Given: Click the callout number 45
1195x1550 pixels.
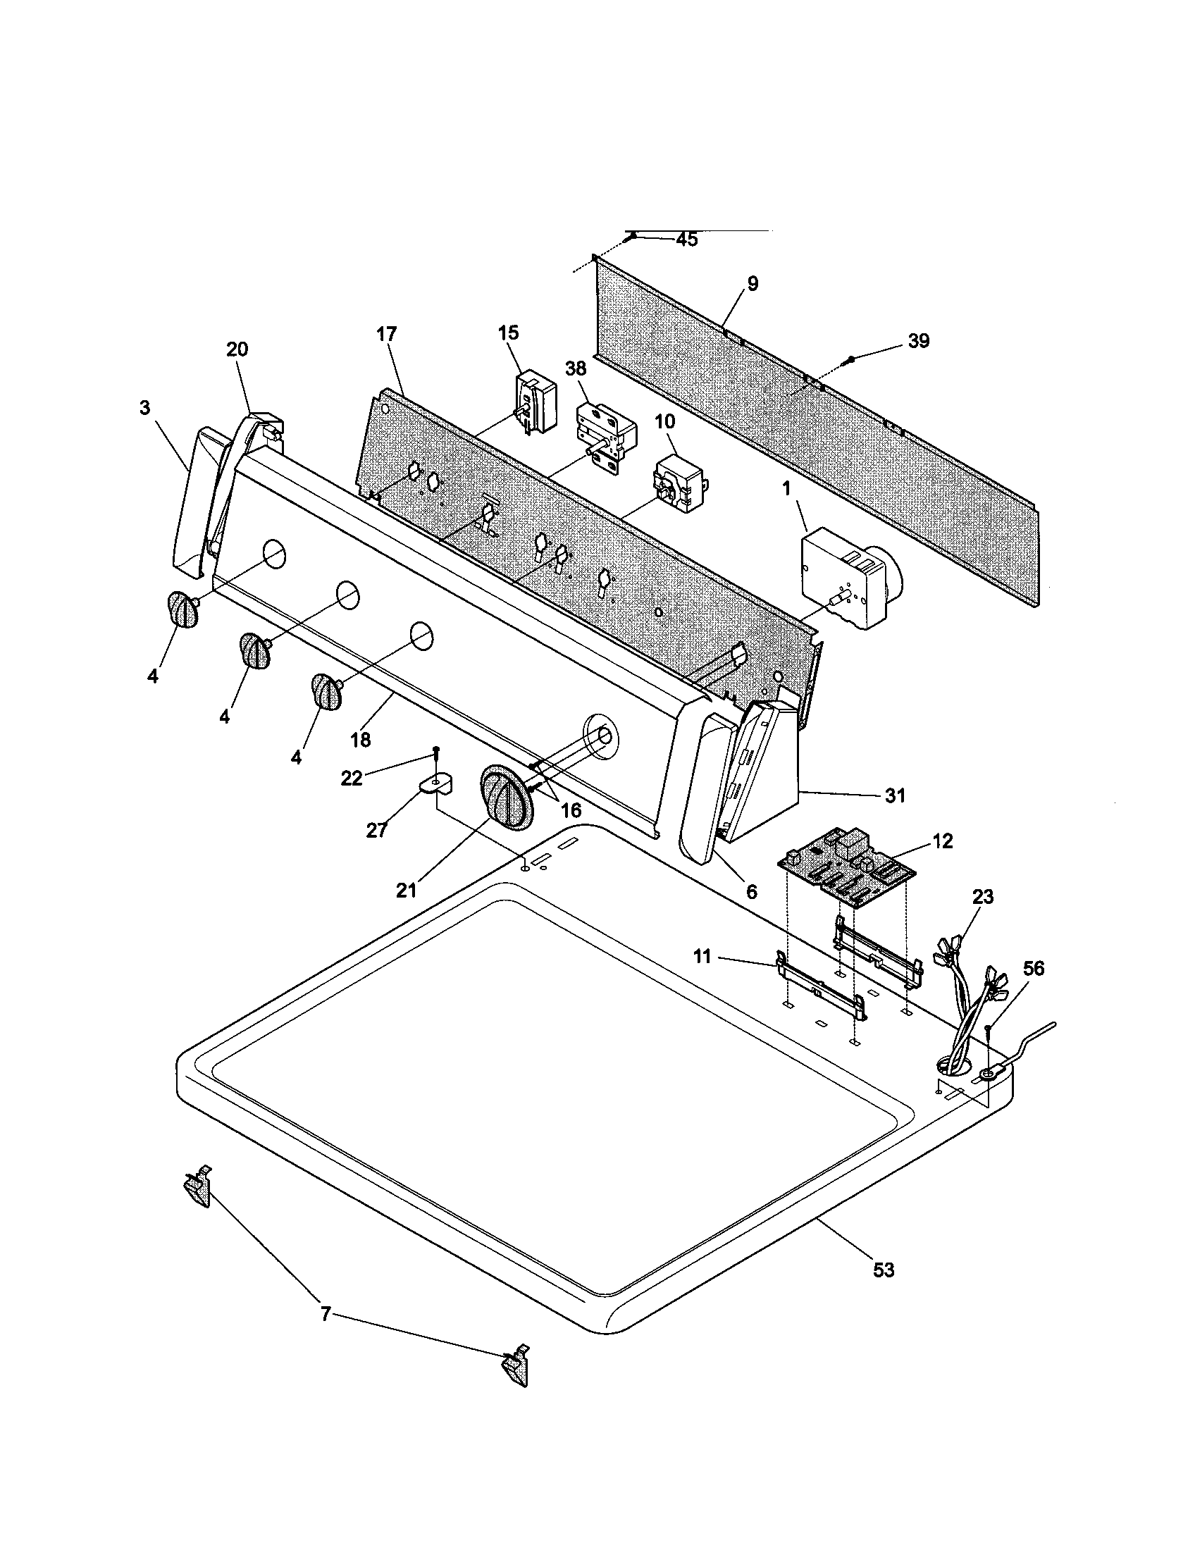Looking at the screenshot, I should click(x=686, y=240).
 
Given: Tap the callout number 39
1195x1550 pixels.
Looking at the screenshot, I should click(x=918, y=341).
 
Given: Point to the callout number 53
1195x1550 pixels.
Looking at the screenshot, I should click(x=884, y=1270).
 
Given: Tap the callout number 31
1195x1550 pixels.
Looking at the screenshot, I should click(x=895, y=795).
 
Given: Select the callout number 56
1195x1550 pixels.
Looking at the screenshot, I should click(x=1033, y=969).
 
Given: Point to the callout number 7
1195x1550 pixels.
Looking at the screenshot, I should click(x=325, y=1315).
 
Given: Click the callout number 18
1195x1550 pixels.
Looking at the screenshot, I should click(x=361, y=740).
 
